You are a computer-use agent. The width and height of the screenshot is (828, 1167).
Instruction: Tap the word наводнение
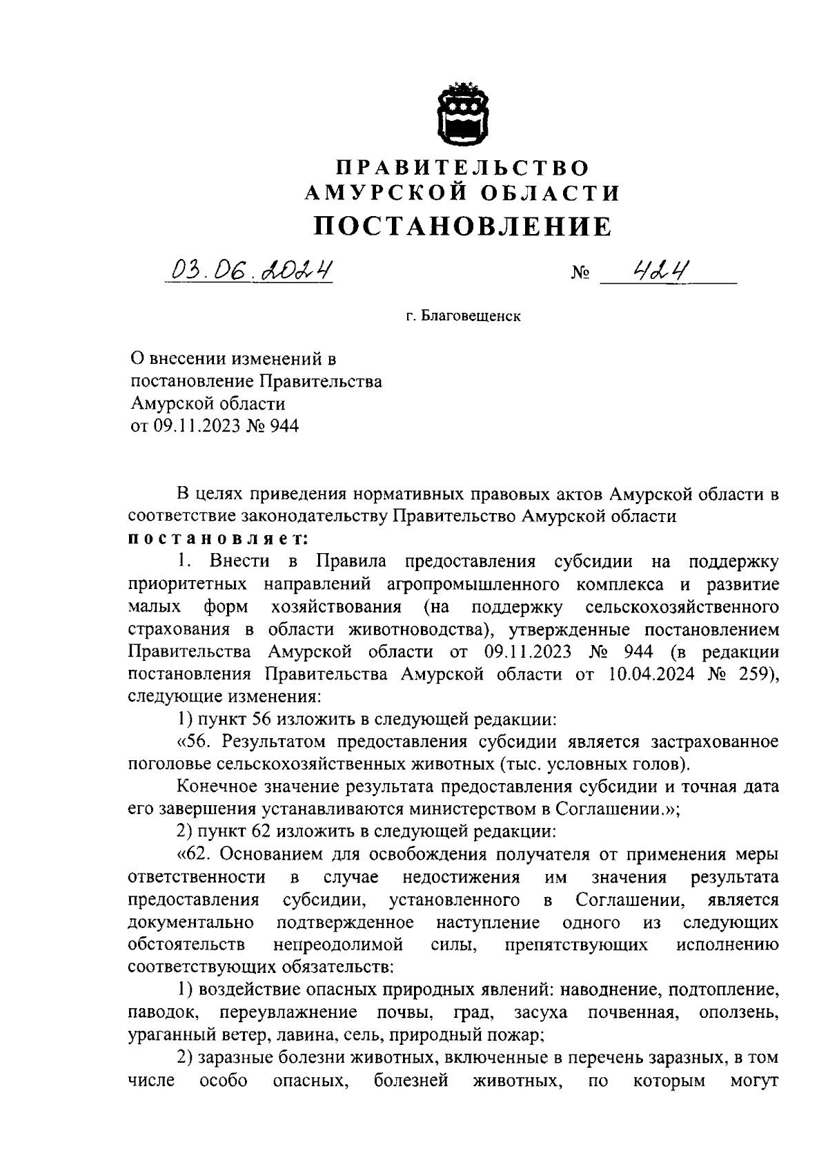tap(603, 990)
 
